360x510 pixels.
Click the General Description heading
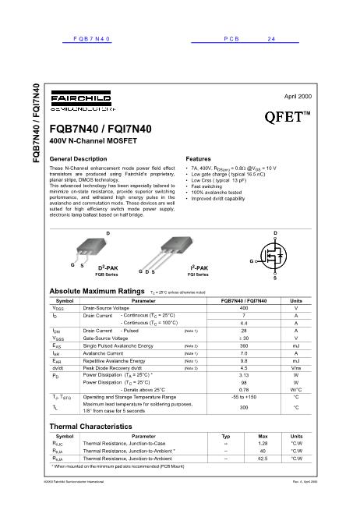click(78, 158)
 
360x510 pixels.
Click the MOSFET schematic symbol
click(274, 258)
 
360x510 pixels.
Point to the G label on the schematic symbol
click(252, 260)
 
